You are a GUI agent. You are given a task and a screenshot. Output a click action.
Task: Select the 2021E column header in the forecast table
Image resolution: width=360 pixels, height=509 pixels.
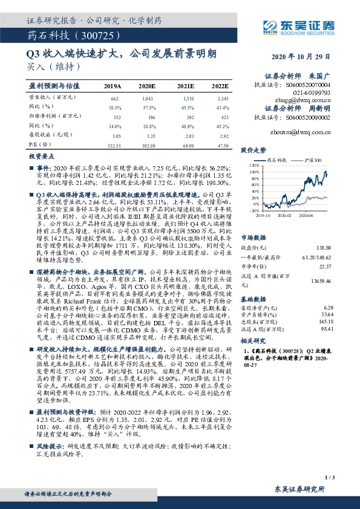[185, 87]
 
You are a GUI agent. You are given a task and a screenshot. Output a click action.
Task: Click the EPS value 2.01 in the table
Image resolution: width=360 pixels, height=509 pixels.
[185, 137]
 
